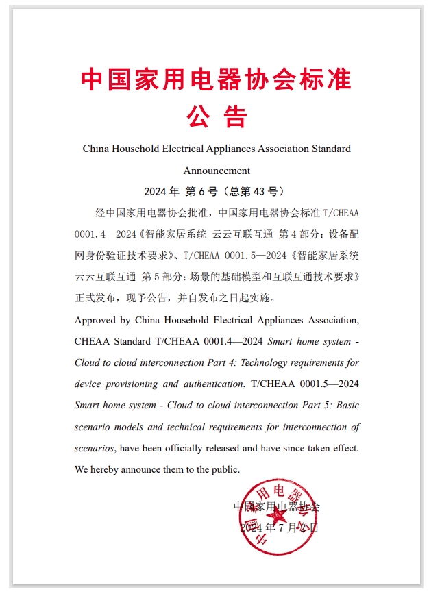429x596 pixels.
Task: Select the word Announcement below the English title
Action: (217, 170)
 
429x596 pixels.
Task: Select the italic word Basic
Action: (345, 405)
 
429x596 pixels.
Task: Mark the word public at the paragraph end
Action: (223, 469)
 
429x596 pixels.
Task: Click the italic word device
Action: (88, 384)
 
